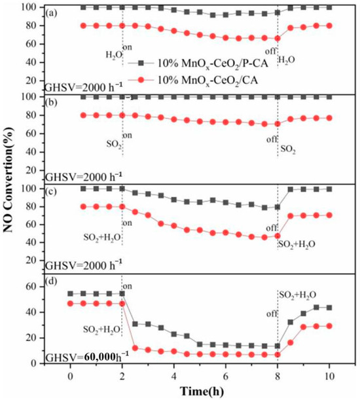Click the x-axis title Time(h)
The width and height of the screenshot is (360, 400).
click(x=200, y=391)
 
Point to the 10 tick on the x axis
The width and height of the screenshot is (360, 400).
click(x=329, y=376)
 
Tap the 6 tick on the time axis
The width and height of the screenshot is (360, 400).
click(x=226, y=376)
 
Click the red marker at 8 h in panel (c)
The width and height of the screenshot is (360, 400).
click(x=278, y=236)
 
